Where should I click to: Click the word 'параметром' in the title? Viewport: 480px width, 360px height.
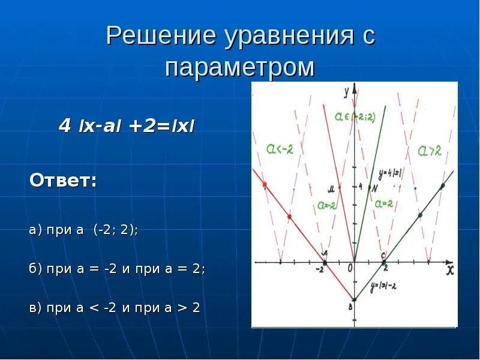click(x=240, y=67)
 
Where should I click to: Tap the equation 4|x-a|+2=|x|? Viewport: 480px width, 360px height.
click(x=127, y=127)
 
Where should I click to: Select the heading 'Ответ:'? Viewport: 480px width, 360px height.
click(x=63, y=180)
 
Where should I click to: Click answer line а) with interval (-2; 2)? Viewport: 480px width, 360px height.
click(x=83, y=230)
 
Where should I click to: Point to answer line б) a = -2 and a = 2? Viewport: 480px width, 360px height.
click(x=117, y=269)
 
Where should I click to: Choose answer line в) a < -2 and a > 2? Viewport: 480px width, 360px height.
click(x=115, y=308)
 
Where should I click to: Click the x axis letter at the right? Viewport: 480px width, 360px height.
click(x=449, y=271)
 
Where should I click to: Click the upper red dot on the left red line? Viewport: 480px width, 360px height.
click(x=265, y=184)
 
